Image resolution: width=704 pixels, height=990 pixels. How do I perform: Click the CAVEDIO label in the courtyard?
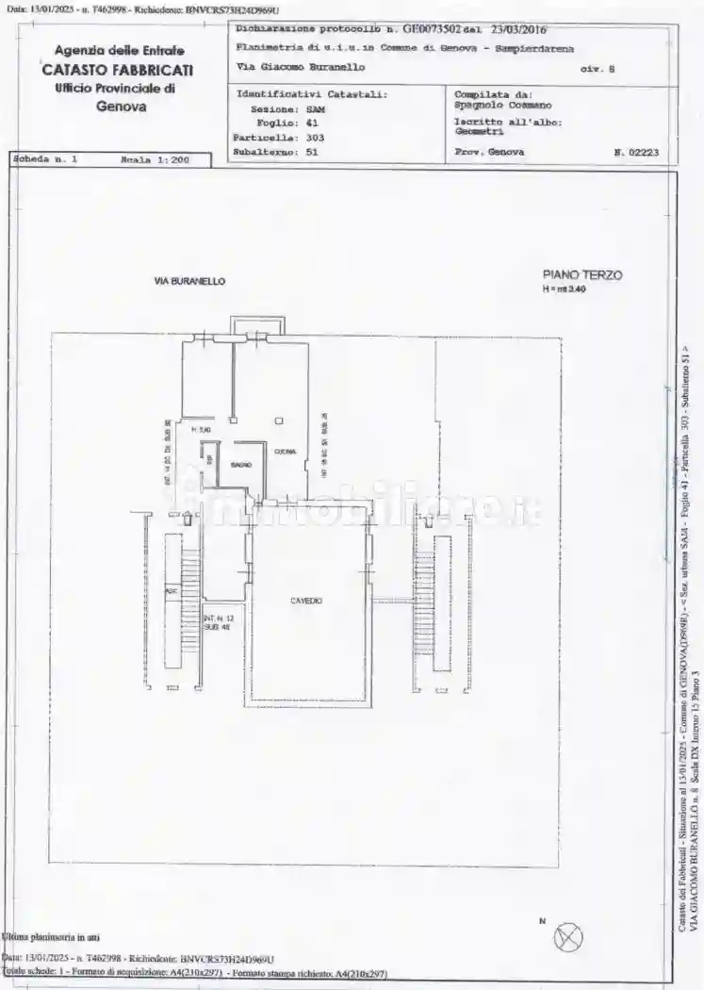[306, 600]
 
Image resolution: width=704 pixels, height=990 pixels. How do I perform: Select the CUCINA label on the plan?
[285, 452]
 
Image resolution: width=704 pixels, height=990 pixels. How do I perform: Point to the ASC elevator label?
[171, 591]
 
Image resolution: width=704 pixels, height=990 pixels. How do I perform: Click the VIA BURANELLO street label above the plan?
[189, 281]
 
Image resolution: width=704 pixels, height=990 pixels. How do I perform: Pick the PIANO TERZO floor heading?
[581, 274]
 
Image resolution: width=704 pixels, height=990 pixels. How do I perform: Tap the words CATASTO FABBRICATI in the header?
[118, 69]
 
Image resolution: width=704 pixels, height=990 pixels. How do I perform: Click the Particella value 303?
[315, 137]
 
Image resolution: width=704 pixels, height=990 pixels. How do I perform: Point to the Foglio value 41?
[312, 123]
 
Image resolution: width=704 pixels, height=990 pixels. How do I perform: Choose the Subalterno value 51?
[312, 151]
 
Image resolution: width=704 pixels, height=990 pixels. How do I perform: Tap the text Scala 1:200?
[156, 160]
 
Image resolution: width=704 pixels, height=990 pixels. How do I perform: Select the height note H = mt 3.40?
[564, 289]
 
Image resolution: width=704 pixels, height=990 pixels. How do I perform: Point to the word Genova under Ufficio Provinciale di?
[121, 107]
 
